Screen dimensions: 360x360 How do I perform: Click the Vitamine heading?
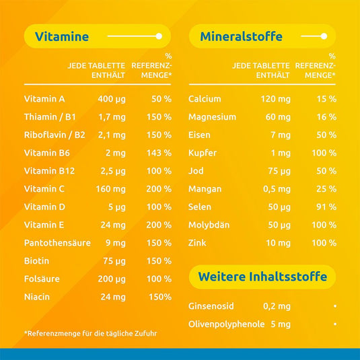point(61,36)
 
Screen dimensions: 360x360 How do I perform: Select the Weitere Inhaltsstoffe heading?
point(262,277)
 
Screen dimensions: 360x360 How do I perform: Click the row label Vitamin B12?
point(48,171)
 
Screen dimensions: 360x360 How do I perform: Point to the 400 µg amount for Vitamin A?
point(112,99)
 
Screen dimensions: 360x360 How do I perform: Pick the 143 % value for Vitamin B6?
point(159,153)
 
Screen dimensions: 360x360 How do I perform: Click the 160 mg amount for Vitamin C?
point(110,189)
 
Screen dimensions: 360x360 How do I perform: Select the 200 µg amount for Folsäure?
point(112,279)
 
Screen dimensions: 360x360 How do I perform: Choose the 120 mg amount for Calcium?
point(275,99)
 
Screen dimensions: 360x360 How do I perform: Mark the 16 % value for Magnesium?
point(326,117)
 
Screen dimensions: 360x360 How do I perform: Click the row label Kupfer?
point(203,153)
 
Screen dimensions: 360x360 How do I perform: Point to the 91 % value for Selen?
point(326,207)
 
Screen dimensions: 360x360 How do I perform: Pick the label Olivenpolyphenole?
point(226,324)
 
